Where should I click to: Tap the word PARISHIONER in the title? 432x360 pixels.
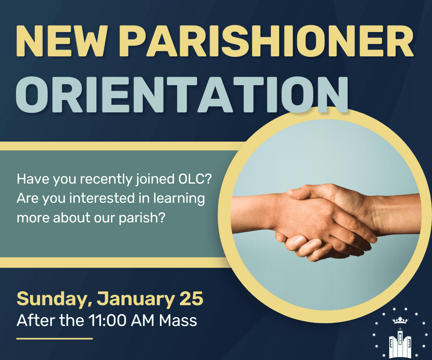tap(266, 41)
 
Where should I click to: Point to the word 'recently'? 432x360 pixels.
tap(106, 180)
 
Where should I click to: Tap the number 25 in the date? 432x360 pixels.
tap(191, 298)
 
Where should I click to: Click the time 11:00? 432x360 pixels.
tap(108, 321)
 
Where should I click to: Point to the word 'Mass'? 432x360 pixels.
tap(178, 321)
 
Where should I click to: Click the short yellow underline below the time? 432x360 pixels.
tap(54, 338)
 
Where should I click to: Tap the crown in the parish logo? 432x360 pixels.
tap(400, 320)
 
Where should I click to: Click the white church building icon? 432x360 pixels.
tap(400, 343)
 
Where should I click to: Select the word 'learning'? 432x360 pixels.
tap(179, 199)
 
